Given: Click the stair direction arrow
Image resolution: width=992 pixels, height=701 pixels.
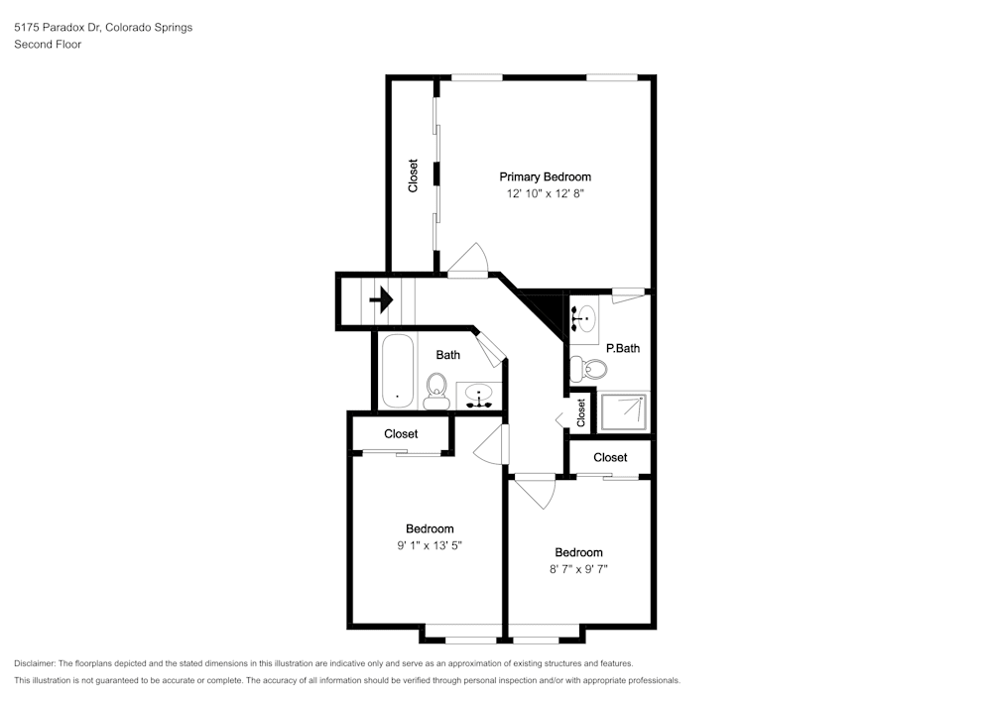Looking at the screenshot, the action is [x=381, y=299].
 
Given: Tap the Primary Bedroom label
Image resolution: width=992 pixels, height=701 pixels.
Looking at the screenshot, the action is [x=546, y=177].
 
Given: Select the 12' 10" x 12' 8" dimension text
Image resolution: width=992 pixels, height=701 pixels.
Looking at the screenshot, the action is [x=546, y=193].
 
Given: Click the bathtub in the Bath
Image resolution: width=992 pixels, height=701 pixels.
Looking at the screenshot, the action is [x=398, y=372].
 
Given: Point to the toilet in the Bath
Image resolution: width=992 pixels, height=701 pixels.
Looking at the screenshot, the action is [x=436, y=392].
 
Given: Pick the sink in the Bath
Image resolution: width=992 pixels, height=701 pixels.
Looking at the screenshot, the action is [x=479, y=397].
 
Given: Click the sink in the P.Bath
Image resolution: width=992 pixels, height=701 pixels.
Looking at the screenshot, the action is [x=584, y=318].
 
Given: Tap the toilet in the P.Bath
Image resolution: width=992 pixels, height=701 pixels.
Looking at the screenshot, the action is [x=588, y=368].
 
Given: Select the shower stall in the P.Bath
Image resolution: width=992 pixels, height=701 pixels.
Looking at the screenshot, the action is [x=623, y=411].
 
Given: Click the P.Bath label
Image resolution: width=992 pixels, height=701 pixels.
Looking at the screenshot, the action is [x=623, y=348].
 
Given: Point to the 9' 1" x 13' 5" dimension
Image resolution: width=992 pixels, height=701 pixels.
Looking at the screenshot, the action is [x=430, y=545].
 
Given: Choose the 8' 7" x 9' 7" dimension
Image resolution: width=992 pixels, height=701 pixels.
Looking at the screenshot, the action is [x=579, y=569].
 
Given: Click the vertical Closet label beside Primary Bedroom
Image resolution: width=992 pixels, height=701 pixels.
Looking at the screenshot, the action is [x=413, y=175].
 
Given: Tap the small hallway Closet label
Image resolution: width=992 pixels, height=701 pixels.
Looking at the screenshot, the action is [x=580, y=412].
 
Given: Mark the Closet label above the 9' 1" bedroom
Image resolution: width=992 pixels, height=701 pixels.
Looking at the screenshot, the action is [x=401, y=434].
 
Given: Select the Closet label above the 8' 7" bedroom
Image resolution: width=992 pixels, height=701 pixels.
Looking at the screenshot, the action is [x=610, y=458].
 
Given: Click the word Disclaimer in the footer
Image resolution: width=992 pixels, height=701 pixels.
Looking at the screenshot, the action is [x=35, y=663].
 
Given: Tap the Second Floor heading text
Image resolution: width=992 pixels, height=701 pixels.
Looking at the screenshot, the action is [x=48, y=45].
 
